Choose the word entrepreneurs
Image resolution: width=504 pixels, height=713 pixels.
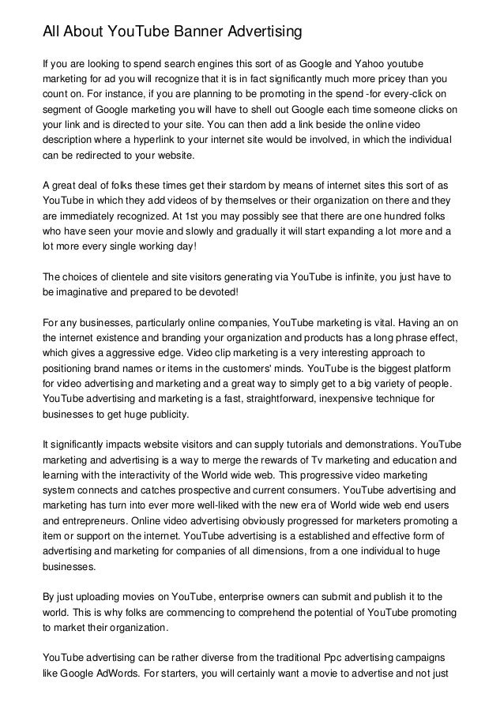pyautogui.click(x=81, y=521)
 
